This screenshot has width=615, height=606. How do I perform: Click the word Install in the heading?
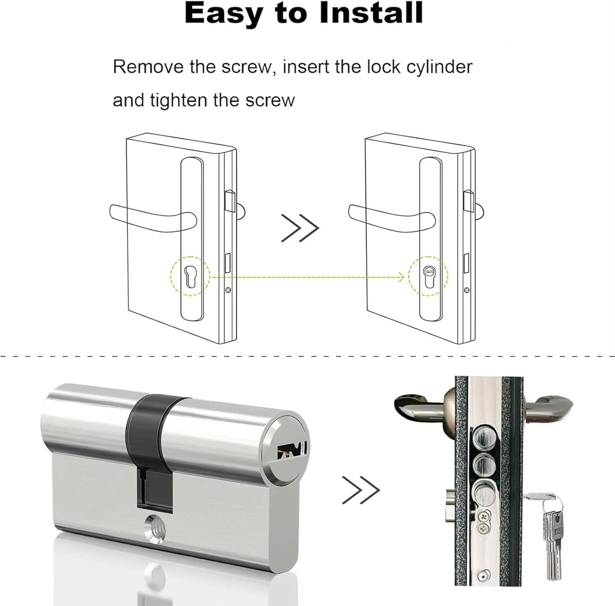(371, 13)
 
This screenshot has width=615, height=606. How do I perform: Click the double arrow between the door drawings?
(300, 228)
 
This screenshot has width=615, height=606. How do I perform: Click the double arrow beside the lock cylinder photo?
(361, 490)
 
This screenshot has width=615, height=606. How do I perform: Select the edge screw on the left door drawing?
(228, 290)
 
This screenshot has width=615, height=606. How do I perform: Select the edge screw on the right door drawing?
(467, 290)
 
